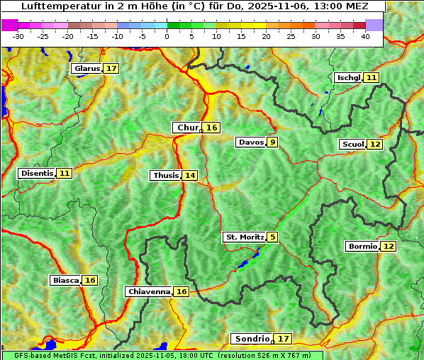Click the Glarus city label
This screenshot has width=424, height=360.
(x=87, y=69)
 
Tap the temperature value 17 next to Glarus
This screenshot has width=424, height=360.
(x=111, y=69)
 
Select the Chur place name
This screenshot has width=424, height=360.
(x=188, y=128)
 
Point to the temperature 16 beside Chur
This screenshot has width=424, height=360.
(x=212, y=128)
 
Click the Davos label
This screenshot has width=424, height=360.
(x=251, y=142)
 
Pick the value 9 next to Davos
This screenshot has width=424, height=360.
(x=272, y=142)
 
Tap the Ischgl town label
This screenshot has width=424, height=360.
(x=348, y=77)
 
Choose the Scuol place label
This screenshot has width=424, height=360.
(x=352, y=144)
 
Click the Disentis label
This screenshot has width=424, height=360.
(x=37, y=173)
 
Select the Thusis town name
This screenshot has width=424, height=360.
(x=166, y=175)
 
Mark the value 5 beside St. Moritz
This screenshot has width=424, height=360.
(x=272, y=237)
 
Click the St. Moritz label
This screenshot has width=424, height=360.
(x=245, y=237)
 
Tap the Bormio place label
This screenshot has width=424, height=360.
(x=362, y=247)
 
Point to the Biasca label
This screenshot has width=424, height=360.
(x=66, y=280)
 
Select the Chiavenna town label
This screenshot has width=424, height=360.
(x=149, y=291)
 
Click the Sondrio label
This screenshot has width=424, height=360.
(x=252, y=339)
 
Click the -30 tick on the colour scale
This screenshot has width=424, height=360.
(x=18, y=36)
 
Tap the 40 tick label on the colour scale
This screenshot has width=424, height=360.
(x=365, y=36)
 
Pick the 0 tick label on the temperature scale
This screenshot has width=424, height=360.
(x=167, y=36)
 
